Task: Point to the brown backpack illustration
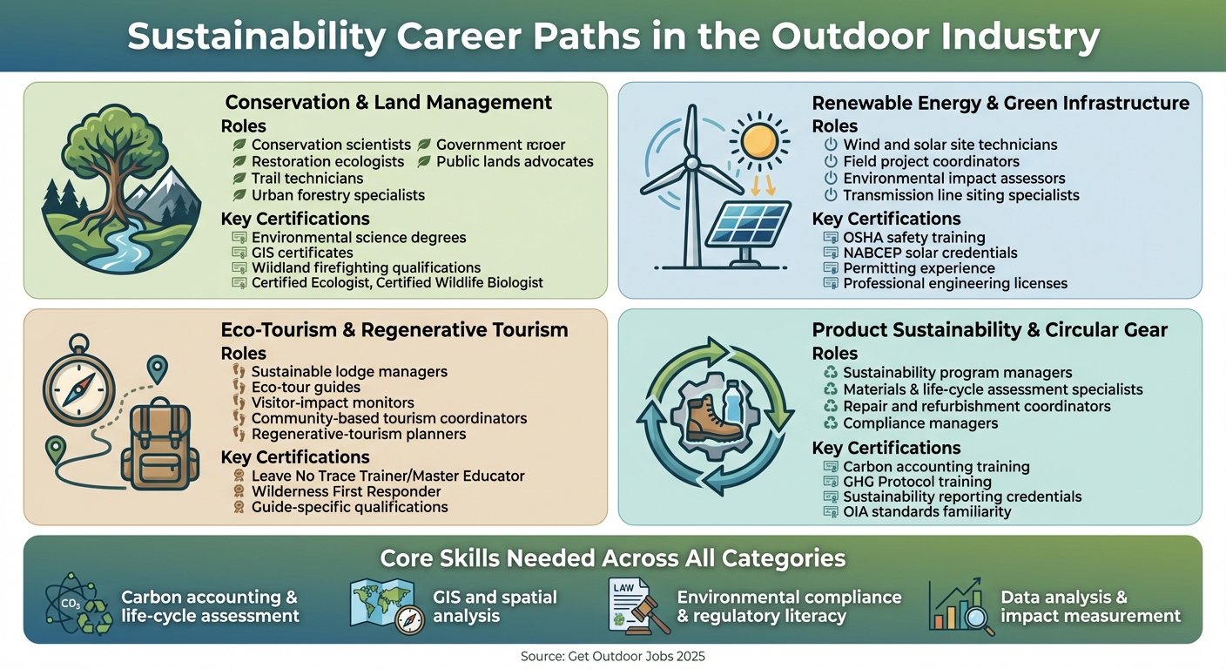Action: click(160, 445)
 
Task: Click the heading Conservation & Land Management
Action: click(388, 102)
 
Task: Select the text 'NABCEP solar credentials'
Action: click(930, 253)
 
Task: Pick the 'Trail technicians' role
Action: click(307, 179)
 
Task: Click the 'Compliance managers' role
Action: click(920, 423)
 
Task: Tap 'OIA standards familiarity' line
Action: click(927, 511)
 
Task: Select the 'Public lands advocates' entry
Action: click(515, 161)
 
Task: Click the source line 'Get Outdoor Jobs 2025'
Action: click(612, 656)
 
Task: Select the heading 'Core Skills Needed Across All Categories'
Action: click(612, 557)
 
